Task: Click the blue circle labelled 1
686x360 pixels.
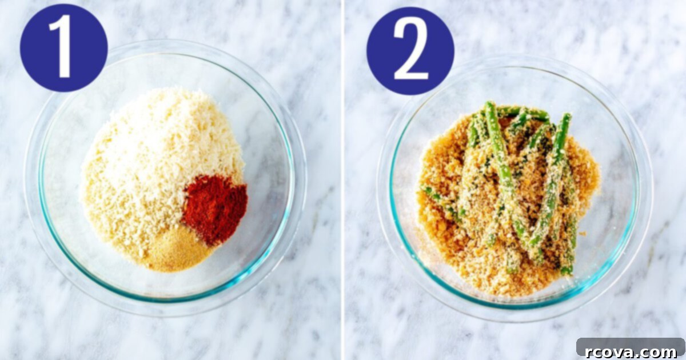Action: pyautogui.click(x=63, y=48)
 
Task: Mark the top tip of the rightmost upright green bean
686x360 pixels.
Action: pyautogui.click(x=567, y=115)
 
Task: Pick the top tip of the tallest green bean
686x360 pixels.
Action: pyautogui.click(x=489, y=103)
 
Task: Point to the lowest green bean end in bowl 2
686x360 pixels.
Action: pyautogui.click(x=567, y=271)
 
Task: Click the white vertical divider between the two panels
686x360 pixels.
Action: pyautogui.click(x=343, y=180)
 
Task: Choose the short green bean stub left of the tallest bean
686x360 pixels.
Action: pyautogui.click(x=473, y=131)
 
